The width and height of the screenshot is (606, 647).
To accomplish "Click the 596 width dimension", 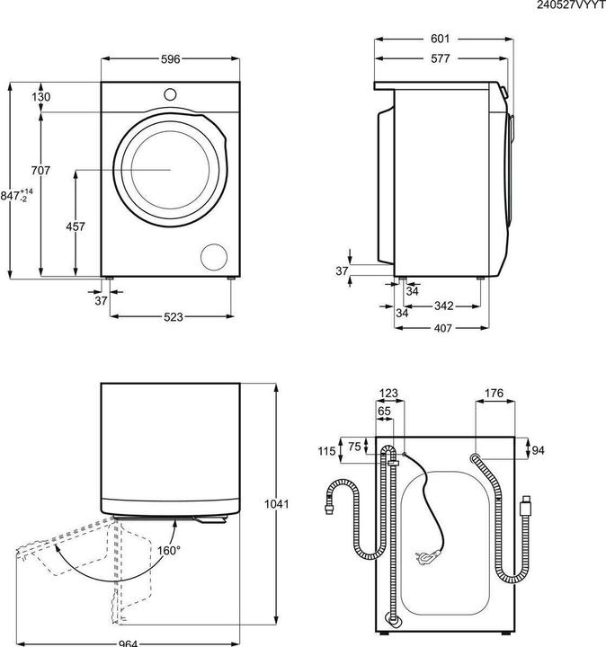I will [x=171, y=59].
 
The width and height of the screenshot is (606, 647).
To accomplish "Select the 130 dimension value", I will [x=40, y=97].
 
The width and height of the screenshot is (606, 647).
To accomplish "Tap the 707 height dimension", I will [x=40, y=171].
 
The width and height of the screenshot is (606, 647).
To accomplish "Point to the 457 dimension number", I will [x=76, y=226].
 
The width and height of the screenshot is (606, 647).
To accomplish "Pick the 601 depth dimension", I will [x=440, y=40].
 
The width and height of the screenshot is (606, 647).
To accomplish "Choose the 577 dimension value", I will [x=440, y=58].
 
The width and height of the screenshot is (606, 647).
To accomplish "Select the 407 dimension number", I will [x=443, y=327].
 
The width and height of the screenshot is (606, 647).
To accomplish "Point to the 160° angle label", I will [x=168, y=550].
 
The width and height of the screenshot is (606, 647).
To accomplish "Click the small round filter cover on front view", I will [x=216, y=255].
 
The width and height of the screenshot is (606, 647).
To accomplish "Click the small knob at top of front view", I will [x=171, y=93].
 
